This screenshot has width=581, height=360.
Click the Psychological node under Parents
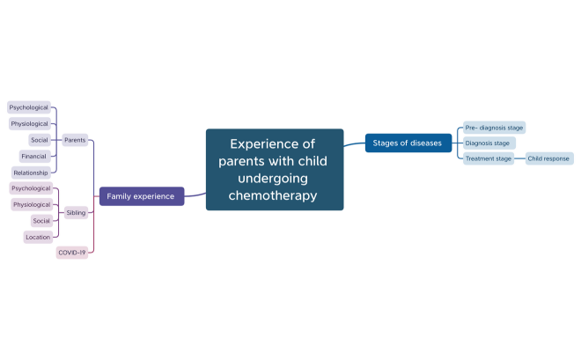pyautogui.click(x=29, y=107)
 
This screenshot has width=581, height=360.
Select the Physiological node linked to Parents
pyautogui.click(x=30, y=124)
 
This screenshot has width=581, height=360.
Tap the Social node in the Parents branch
pyautogui.click(x=40, y=140)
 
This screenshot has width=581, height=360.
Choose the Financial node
pyautogui.click(x=34, y=156)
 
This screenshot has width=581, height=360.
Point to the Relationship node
pyautogui.click(x=31, y=173)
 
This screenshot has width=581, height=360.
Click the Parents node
pyautogui.click(x=75, y=140)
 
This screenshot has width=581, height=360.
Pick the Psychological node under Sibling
pyautogui.click(x=31, y=188)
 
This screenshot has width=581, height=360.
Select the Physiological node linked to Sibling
pyautogui.click(x=32, y=204)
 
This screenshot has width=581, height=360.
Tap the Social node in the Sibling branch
pyautogui.click(x=41, y=220)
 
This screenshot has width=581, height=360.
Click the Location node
pyautogui.click(x=38, y=237)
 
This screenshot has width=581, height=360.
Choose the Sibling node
pyautogui.click(x=77, y=212)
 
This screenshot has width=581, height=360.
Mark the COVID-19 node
pyautogui.click(x=71, y=253)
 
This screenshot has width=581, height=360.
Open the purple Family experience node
pyautogui.click(x=141, y=196)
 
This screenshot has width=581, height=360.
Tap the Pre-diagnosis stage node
pyautogui.click(x=494, y=128)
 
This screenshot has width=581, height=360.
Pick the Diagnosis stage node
pyautogui.click(x=488, y=143)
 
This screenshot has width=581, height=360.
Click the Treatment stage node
pyautogui.click(x=489, y=158)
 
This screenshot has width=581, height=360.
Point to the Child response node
pyautogui.click(x=548, y=158)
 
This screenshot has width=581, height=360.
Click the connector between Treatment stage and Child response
pyautogui.click(x=519, y=158)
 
